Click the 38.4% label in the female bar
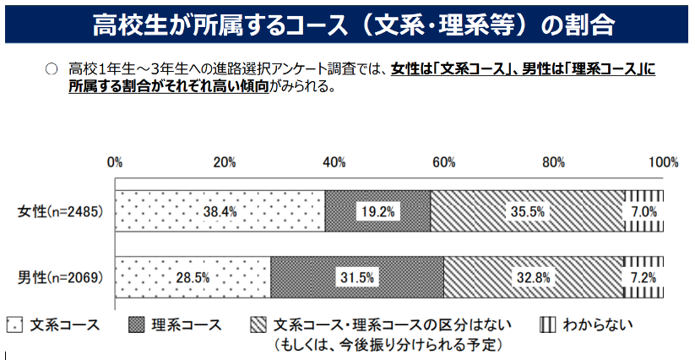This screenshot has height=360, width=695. tap(220, 212)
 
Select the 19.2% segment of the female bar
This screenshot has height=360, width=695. tap(377, 212)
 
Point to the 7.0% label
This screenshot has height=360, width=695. tap(643, 212)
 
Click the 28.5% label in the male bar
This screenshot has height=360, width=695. tap(193, 277)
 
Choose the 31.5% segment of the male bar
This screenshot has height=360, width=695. tap(358, 277)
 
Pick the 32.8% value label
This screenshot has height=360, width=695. tap(533, 277)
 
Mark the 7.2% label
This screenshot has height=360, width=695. tap(643, 277)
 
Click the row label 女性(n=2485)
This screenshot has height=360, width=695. tap(60, 211)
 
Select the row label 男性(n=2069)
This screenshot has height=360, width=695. tap(60, 277)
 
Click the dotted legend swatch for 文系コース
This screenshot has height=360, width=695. tap(14, 325)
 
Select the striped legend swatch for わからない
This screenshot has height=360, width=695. tap(546, 325)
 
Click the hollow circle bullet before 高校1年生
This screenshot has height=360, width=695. tap(50, 68)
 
